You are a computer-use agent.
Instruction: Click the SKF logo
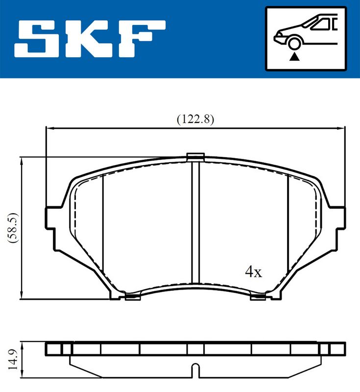click(x=90, y=39)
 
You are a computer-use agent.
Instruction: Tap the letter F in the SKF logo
click(x=142, y=39)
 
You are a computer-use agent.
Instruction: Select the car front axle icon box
click(x=306, y=39)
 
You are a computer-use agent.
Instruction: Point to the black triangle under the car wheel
click(x=294, y=57)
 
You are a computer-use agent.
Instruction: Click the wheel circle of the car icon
click(x=294, y=43)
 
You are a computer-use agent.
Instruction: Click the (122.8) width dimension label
click(x=195, y=119)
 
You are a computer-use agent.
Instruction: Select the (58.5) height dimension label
click(x=13, y=228)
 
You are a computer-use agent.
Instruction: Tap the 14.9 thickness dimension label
click(x=13, y=360)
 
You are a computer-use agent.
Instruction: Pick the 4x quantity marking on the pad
click(x=253, y=272)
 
